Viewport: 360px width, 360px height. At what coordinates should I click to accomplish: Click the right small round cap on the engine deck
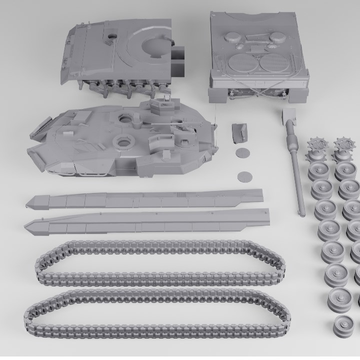276,37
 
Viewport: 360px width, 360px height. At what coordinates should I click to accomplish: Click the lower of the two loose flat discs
245,176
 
